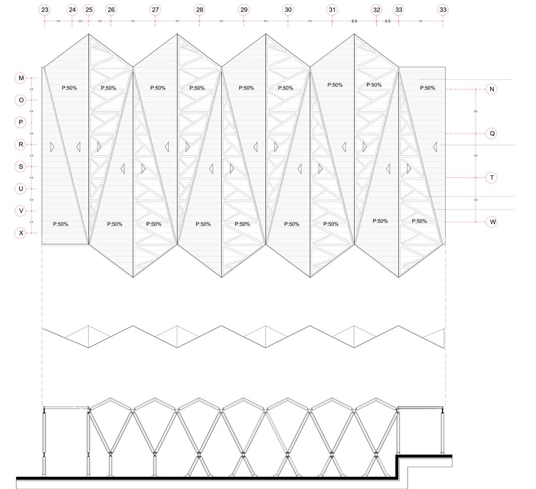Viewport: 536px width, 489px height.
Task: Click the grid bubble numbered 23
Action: pyautogui.click(x=44, y=10)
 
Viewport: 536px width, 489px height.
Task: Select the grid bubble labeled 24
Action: pyautogui.click(x=72, y=10)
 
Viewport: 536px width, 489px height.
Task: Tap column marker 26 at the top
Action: pyautogui.click(x=111, y=10)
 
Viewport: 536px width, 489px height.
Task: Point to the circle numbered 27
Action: pyautogui.click(x=155, y=10)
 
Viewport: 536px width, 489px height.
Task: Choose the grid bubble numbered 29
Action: pyautogui.click(x=243, y=10)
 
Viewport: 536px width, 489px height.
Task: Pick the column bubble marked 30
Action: pyautogui.click(x=288, y=10)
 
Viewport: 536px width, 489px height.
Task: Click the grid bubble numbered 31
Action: pyautogui.click(x=332, y=10)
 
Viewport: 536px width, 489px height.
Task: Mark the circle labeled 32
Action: pyautogui.click(x=376, y=10)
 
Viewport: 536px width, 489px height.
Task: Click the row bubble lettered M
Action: pyautogui.click(x=21, y=78)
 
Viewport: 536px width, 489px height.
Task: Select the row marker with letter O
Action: pyautogui.click(x=21, y=100)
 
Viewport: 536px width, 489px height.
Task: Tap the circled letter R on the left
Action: pyautogui.click(x=21, y=145)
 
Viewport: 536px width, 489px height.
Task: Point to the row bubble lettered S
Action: pyautogui.click(x=21, y=167)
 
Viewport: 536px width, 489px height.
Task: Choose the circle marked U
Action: pyautogui.click(x=21, y=189)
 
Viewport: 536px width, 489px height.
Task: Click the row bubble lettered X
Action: pyautogui.click(x=21, y=233)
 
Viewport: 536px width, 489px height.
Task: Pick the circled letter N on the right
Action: pyautogui.click(x=492, y=90)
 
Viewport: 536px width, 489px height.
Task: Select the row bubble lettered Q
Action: pyautogui.click(x=492, y=134)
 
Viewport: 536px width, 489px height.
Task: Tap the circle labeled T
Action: pyautogui.click(x=492, y=178)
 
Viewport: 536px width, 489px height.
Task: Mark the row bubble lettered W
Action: pyautogui.click(x=492, y=222)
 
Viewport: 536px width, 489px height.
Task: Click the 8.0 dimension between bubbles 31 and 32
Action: pyautogui.click(x=354, y=21)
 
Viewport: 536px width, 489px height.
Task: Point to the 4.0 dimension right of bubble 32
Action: pyautogui.click(x=387, y=21)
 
